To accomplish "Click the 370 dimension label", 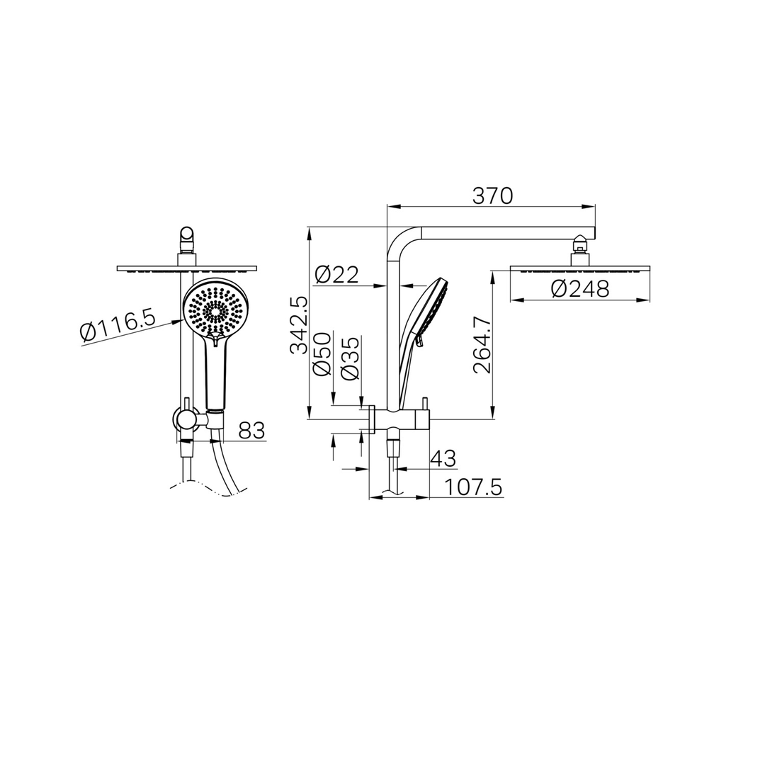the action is coord(492,196).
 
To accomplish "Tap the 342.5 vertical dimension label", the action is coord(299,325).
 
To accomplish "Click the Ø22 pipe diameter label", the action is coord(336,275).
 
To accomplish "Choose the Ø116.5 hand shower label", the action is coord(118,324).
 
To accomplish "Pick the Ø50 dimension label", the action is coord(322,354).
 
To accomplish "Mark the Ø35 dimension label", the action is coord(351,358).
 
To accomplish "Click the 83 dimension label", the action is coord(251,431).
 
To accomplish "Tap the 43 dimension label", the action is coord(443,458).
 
